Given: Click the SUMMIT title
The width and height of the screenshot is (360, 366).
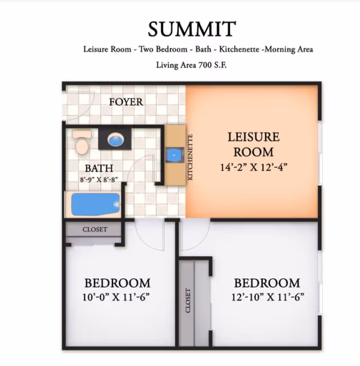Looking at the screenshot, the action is pyautogui.click(x=192, y=29).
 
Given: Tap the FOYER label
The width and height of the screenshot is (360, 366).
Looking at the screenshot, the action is pyautogui.click(x=126, y=102).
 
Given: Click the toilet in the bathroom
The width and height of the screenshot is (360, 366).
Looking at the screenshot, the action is pyautogui.click(x=82, y=142).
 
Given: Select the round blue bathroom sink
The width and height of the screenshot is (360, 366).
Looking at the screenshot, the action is pyautogui.click(x=116, y=140).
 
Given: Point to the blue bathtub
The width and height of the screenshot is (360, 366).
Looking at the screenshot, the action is pyautogui.click(x=96, y=204).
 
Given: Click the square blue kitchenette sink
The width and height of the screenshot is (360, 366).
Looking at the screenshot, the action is pyautogui.click(x=174, y=155).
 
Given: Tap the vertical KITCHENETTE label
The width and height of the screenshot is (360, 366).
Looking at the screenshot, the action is pyautogui.click(x=190, y=157).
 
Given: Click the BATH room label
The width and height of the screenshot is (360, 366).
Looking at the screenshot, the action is pyautogui.click(x=99, y=168).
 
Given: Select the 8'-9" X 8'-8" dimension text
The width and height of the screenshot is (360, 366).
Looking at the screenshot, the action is pyautogui.click(x=99, y=180).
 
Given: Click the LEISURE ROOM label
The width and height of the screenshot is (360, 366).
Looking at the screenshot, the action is pyautogui.click(x=254, y=144).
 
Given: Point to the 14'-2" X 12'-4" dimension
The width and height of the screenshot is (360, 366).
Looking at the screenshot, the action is pyautogui.click(x=254, y=167).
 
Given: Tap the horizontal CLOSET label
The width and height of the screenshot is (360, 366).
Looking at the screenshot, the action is pyautogui.click(x=95, y=229).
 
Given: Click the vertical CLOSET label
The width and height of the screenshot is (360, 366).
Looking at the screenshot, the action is pyautogui.click(x=188, y=301).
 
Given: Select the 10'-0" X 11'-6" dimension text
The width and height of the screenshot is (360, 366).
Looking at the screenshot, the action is pyautogui.click(x=116, y=297).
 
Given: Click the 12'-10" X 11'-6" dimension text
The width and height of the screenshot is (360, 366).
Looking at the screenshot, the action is pyautogui.click(x=268, y=297).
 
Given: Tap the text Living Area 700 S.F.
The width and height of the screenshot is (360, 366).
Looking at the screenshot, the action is pyautogui.click(x=191, y=65).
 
